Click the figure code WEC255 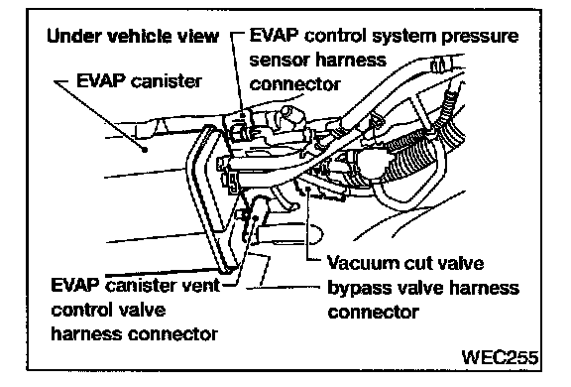500,357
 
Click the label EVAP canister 139,81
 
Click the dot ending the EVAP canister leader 145,149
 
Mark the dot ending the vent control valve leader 256,217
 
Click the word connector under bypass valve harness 374,313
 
